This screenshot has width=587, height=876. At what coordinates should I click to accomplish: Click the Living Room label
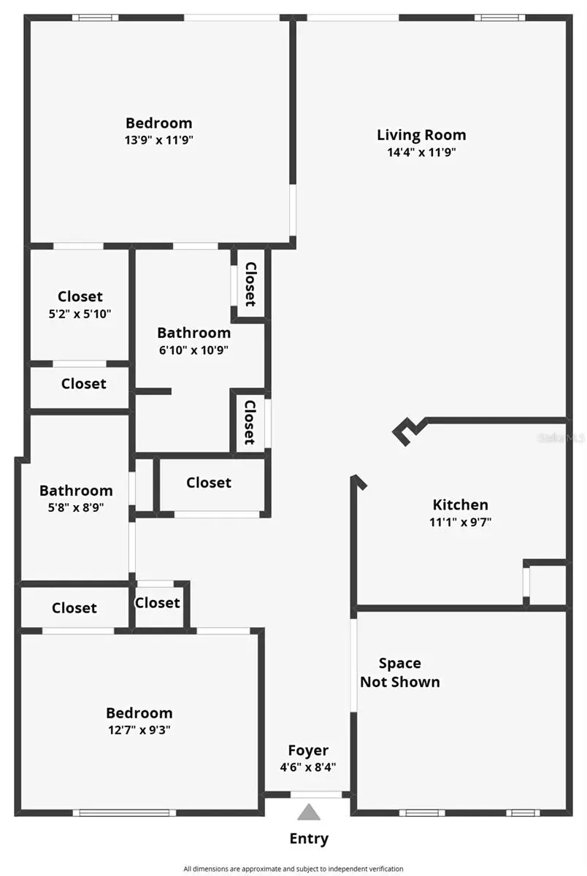coord(421,135)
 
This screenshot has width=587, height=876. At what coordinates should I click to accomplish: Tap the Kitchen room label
coord(460,504)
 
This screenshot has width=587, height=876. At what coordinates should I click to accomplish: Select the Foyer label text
coord(308,750)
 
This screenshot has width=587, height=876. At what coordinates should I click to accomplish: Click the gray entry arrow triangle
coord(309,812)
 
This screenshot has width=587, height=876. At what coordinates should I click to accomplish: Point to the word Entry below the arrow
coord(309,839)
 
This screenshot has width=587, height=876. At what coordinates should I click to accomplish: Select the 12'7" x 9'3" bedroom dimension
coord(139,729)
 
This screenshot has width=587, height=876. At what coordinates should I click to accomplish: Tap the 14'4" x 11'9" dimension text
coord(421,153)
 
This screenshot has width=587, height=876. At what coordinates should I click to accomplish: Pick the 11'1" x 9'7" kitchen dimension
coord(460,522)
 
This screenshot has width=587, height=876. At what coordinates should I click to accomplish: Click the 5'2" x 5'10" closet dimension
coord(80,314)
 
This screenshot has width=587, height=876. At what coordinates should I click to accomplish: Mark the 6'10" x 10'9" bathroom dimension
coord(193,350)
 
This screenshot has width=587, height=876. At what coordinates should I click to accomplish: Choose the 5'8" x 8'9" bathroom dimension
coord(76,507)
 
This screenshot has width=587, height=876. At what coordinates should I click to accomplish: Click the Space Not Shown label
coord(400,672)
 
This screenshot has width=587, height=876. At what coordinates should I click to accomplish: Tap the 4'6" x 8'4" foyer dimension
coord(308,767)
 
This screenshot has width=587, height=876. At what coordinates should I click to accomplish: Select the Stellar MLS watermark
coord(561,439)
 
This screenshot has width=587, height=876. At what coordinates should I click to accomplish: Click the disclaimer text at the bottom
coord(293,869)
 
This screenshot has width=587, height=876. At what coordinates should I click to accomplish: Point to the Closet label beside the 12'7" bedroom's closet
coord(74,608)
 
